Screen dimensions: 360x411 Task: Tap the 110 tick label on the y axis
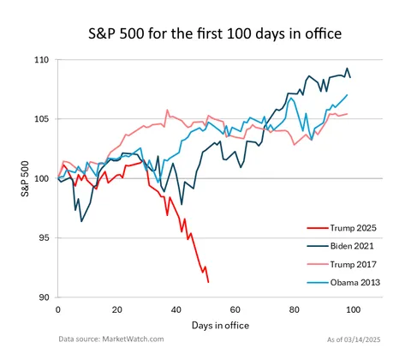click(42, 60)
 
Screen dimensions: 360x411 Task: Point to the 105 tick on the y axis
click(42, 119)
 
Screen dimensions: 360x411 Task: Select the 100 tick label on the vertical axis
click(42, 178)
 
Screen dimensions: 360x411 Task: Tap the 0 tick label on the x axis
click(57, 309)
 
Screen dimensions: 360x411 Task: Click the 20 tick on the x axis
click(116, 309)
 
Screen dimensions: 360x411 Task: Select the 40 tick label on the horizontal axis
click(176, 309)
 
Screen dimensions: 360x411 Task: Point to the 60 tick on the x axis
click(235, 309)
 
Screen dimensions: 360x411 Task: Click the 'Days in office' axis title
click(205, 327)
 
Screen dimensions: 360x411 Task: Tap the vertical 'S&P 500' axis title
click(26, 179)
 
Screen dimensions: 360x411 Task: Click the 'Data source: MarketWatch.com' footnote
click(110, 339)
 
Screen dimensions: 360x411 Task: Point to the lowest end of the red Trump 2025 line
click(208, 282)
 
